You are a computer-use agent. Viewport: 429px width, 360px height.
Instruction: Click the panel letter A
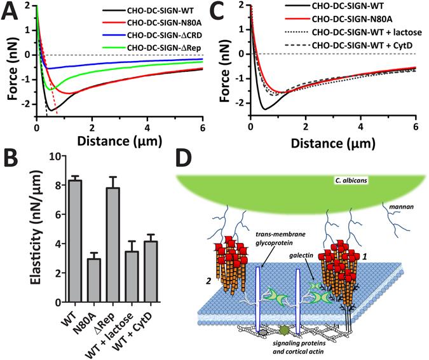[x=11, y=11]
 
